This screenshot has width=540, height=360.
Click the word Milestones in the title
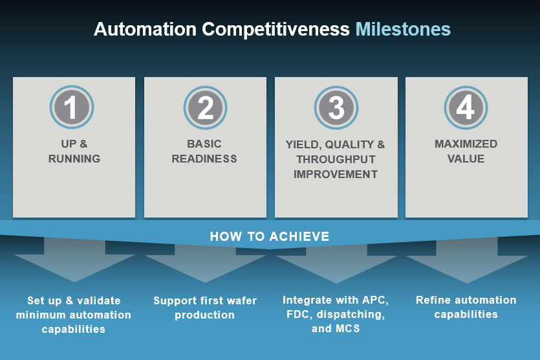point(403,29)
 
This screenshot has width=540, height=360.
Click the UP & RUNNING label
point(74,151)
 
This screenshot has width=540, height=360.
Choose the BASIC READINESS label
point(204,151)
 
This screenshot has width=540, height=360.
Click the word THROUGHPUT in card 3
point(336,159)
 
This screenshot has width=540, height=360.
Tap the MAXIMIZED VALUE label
point(466,151)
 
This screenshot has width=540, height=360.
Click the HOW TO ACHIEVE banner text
point(270,236)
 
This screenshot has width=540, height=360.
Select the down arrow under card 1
point(74,262)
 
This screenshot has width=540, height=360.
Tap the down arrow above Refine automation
point(466,262)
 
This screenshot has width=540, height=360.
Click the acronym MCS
point(347,328)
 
